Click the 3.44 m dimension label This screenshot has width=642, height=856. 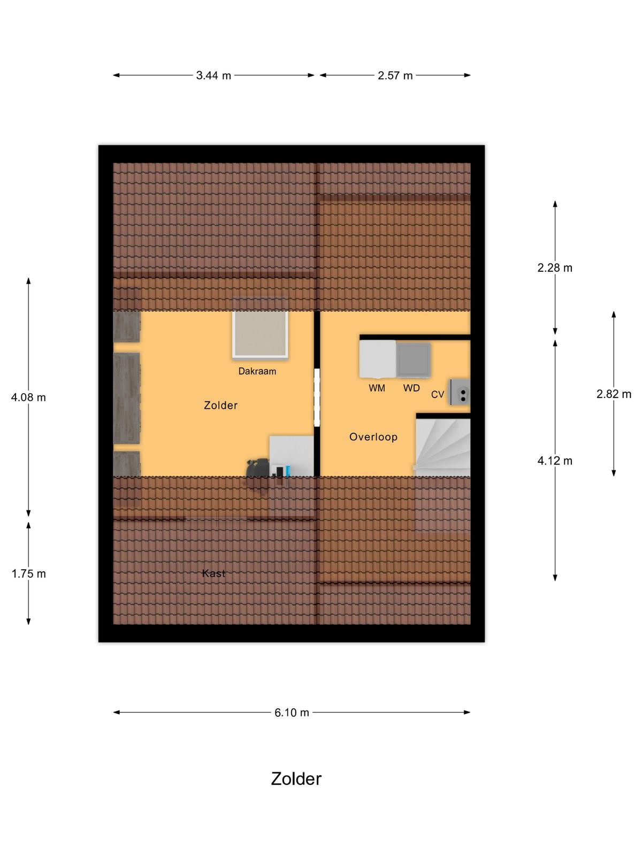(213, 75)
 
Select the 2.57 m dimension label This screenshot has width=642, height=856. (395, 75)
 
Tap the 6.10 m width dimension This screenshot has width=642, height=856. (292, 713)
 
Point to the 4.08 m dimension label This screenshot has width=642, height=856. (28, 398)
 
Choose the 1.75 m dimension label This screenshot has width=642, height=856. (28, 574)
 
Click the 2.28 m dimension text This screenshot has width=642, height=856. (555, 268)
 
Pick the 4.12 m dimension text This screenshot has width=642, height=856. (555, 461)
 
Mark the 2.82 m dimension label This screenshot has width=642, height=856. (614, 394)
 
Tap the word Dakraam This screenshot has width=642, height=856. (257, 371)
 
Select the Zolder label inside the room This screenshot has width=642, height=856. (220, 406)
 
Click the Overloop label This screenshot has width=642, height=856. (373, 437)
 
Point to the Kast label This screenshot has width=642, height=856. (213, 574)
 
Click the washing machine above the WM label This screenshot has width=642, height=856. (378, 359)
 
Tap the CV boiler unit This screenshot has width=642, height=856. (460, 392)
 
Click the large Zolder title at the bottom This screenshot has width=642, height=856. (296, 778)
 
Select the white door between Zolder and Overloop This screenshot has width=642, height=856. (317, 397)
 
